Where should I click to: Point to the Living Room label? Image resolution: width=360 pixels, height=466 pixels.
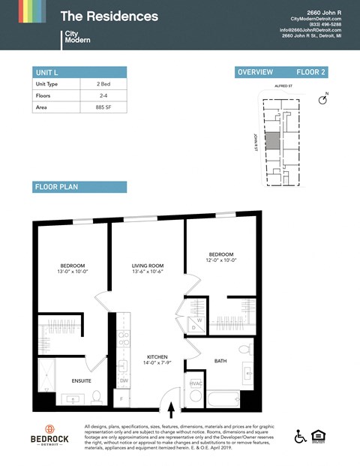tap(148, 266)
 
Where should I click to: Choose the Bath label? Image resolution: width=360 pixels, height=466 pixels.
tap(220, 360)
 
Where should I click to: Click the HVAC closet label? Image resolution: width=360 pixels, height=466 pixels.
tap(196, 383)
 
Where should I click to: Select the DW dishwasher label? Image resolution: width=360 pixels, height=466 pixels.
tap(124, 380)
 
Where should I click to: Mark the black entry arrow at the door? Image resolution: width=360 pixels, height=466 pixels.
tap(172, 410)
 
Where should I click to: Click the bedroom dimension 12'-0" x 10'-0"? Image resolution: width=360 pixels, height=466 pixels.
tap(223, 260)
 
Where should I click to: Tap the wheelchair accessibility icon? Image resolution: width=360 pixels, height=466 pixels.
tap(301, 436)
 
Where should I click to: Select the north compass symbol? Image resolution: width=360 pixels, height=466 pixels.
tap(324, 99)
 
